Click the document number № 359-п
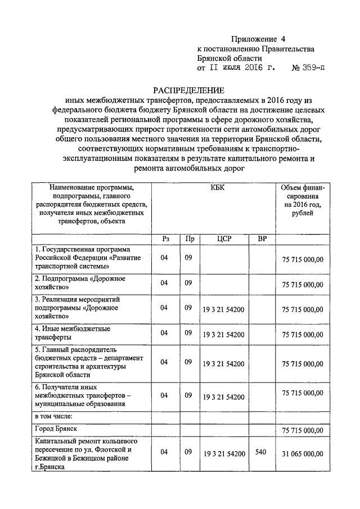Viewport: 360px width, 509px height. click(308, 69)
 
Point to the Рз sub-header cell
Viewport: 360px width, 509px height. click(165, 238)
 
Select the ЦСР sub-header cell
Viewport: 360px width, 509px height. click(224, 238)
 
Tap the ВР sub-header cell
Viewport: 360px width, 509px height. click(262, 238)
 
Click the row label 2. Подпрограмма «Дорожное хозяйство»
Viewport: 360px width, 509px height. click(80, 283)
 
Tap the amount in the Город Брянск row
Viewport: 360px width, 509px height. click(303, 430)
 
